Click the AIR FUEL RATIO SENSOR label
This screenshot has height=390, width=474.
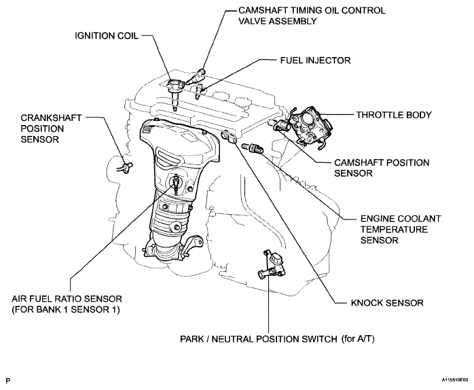(67, 300)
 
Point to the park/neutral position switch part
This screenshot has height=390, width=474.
(270, 266)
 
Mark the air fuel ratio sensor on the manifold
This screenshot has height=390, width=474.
(177, 182)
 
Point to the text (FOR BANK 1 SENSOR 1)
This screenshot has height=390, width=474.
(67, 311)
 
